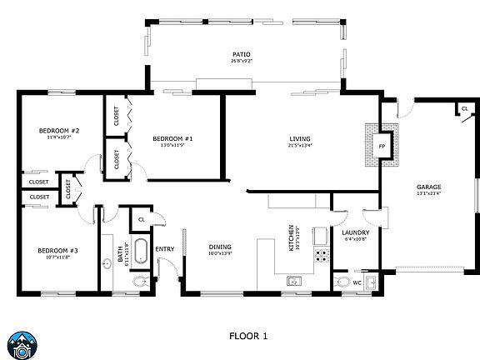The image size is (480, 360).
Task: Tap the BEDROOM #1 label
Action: (x=172, y=137)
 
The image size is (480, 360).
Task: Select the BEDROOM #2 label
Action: (x=58, y=131)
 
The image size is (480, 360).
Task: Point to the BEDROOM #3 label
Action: (x=57, y=250)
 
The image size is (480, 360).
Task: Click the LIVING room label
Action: (x=299, y=138)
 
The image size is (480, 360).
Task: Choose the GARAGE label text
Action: (x=428, y=187)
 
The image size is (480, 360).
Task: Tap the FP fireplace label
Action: (x=382, y=147)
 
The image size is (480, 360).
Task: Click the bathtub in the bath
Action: (x=140, y=251)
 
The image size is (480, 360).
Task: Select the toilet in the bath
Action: (x=139, y=282)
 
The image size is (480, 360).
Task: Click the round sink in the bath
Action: (x=107, y=265)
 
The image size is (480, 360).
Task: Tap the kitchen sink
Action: (x=293, y=282)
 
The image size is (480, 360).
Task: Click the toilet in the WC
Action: (x=342, y=282)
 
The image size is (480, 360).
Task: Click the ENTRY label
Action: (x=164, y=247)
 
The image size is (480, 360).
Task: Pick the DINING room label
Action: (x=220, y=246)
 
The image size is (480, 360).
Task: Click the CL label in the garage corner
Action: (x=462, y=108)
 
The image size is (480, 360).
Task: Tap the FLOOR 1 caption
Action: (x=248, y=336)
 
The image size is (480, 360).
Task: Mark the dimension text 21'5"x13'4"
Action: (x=299, y=146)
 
